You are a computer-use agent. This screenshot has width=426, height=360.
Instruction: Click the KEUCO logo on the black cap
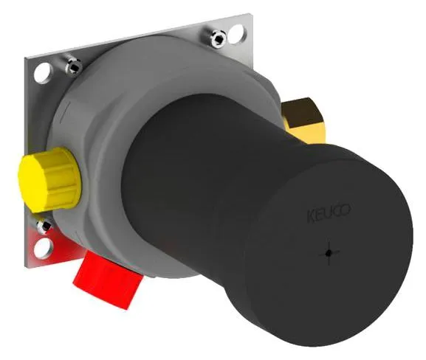coord(329,212)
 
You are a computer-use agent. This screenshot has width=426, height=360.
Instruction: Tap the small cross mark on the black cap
coord(329,253)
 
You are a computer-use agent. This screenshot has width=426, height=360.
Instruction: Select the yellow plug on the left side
coord(50,180)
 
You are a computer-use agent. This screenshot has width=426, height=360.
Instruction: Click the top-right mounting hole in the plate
coord(237,34)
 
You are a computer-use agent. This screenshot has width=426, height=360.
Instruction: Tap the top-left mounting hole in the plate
coord(42,72)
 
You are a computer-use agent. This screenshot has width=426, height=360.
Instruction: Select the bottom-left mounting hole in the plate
coord(43,248)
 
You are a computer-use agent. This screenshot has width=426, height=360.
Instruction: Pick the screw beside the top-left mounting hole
coord(73,66)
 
